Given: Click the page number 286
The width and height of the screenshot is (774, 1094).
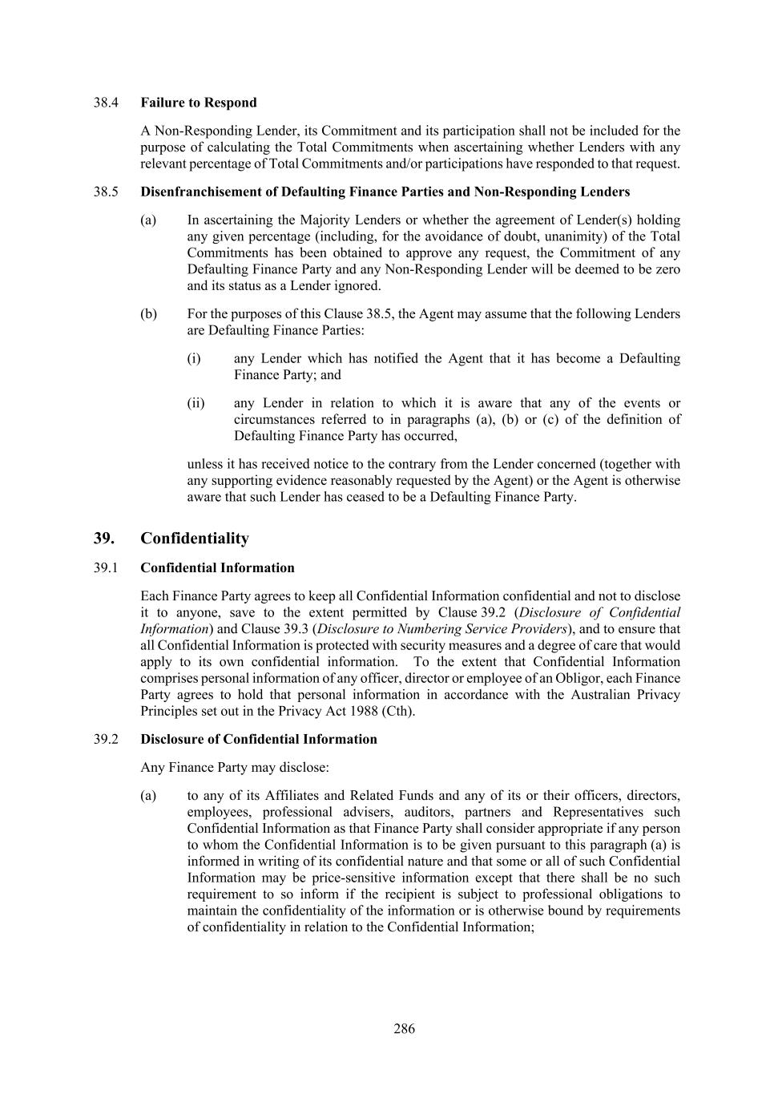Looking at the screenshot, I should click(404, 1028).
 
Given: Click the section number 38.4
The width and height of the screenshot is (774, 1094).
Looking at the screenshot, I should click(106, 103).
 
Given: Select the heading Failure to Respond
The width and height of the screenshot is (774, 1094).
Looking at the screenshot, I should click(199, 103).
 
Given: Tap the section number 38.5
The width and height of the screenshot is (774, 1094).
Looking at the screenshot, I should click(106, 192).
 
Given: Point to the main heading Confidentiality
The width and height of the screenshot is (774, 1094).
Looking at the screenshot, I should click(195, 538).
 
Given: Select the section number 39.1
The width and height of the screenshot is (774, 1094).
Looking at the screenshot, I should click(106, 567).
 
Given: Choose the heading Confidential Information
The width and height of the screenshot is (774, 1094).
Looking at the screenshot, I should click(217, 567).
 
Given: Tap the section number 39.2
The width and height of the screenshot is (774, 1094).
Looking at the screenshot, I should click(106, 739).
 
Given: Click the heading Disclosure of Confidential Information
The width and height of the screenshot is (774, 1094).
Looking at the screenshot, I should click(259, 739).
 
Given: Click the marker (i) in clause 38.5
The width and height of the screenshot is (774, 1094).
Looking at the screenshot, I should click(194, 358).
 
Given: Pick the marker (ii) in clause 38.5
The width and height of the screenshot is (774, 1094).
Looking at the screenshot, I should click(196, 403).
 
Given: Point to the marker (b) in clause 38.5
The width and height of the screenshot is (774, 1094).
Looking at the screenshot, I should click(148, 313).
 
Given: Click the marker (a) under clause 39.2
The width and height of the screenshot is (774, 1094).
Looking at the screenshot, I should click(148, 795).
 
